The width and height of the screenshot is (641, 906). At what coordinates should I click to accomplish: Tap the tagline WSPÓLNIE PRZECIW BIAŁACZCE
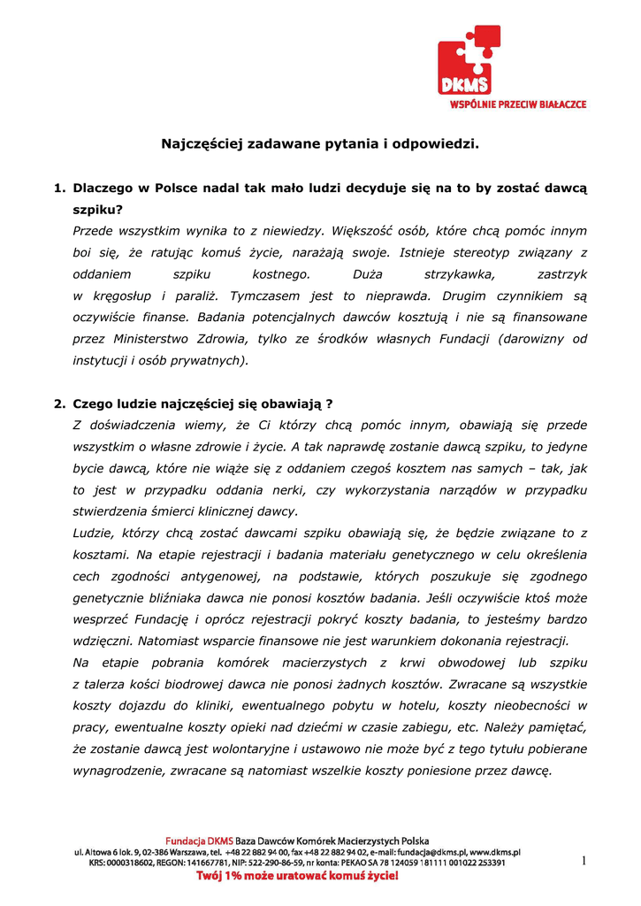[x=512, y=104]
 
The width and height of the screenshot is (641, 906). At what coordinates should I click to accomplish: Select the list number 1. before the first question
[x=60, y=188]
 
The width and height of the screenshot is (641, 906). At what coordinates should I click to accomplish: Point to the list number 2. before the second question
[x=60, y=404]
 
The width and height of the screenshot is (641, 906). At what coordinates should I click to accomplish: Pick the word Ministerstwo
[x=156, y=339]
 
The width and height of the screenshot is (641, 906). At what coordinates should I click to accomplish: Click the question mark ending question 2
[x=328, y=404]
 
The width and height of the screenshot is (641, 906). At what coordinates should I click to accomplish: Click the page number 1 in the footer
[x=584, y=861]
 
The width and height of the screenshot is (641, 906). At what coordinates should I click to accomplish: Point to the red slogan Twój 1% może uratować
[x=296, y=876]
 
